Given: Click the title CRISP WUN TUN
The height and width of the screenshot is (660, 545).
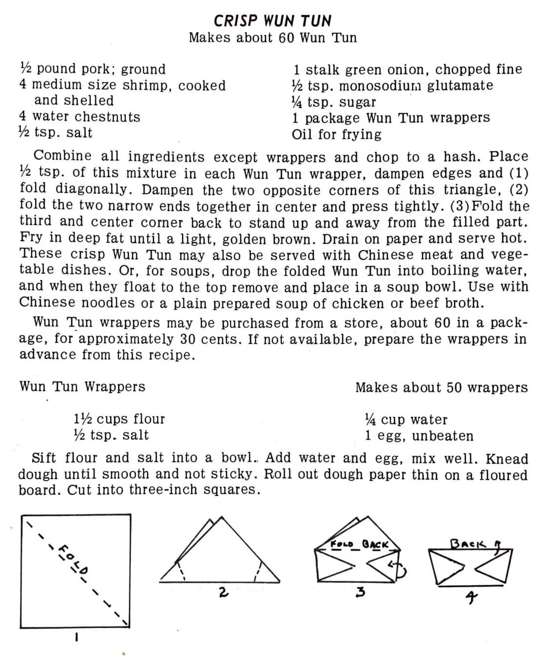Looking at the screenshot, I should tap(272, 21).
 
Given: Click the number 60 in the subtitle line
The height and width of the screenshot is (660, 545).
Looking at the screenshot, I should tap(286, 38).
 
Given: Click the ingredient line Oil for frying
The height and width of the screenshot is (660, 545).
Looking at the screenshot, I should tap(336, 134).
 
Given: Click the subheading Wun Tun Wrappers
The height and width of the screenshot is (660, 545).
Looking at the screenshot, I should tap(82, 387).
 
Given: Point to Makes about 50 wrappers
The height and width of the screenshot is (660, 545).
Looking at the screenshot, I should tap(441, 388).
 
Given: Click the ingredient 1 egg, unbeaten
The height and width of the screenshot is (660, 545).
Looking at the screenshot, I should tap(419, 435).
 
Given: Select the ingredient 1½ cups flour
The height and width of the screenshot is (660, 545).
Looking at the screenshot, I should tap(119, 419).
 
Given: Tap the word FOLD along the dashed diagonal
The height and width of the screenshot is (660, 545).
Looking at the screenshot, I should tap(74, 559).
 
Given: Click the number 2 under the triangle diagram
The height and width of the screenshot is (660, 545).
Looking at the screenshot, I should tap(223, 592).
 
